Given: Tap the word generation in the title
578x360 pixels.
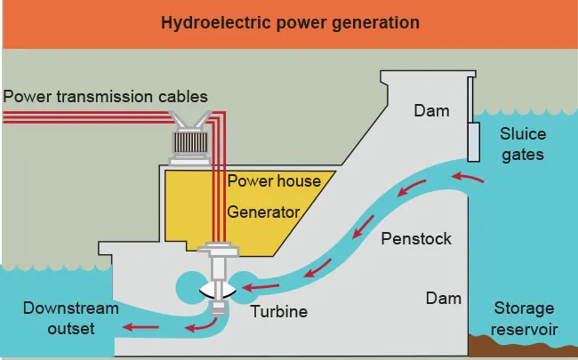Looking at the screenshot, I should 371,22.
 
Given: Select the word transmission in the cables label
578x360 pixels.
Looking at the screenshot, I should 105,95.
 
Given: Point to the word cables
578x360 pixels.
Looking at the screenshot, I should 185,95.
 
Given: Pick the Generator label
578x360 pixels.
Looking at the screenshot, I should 263,212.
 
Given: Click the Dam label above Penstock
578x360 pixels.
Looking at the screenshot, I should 432,111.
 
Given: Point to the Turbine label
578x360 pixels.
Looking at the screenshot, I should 279,312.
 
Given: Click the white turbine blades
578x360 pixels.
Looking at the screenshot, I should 219,289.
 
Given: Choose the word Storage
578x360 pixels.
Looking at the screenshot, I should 525,309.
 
